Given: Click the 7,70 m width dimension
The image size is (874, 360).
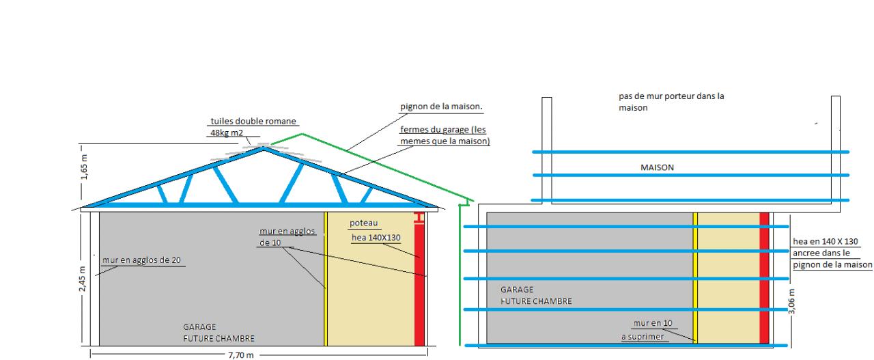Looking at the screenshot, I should pos(240,355).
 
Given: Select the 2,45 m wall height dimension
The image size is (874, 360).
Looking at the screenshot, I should pos(83,278).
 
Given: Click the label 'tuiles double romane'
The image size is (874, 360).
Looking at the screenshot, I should pos(253,121).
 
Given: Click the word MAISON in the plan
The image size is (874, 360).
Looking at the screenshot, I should pos(658,167).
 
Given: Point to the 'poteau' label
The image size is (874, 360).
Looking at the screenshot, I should pos(362,223).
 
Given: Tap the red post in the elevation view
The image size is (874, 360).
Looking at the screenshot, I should pos(419,287).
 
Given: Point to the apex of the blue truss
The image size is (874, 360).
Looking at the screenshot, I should pos(264,147).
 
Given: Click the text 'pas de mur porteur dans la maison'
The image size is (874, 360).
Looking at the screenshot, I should pos(666,102).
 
